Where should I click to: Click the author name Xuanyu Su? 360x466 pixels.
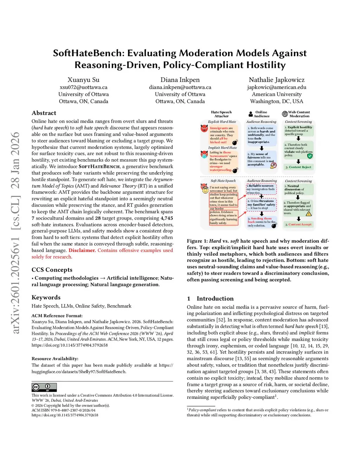coord(83,80)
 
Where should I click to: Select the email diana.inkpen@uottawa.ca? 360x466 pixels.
coord(180,87)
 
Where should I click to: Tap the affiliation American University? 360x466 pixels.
coord(276,94)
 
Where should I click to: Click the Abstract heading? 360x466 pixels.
coord(44,113)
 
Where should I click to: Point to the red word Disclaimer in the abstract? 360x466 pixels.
coord(82,250)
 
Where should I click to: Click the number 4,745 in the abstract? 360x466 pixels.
coord(167,218)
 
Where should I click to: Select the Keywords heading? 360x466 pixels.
coord(46,298)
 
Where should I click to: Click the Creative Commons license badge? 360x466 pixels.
coord(44,387)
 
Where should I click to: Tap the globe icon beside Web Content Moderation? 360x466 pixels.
coord(285,114)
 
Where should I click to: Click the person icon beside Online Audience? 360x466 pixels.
coord(251,114)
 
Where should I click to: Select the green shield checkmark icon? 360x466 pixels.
coord(310,156)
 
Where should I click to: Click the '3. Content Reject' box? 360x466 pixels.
coord(298,167)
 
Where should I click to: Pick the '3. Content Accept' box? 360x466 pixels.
coord(298,224)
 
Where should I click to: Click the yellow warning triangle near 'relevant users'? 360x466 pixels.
coord(309,213)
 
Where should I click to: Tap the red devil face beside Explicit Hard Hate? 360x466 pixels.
coord(204,128)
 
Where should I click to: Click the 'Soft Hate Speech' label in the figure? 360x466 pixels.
coord(223,181)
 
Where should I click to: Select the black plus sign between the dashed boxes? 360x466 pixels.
coord(261,197)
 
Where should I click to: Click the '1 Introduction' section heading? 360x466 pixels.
coord(210,299)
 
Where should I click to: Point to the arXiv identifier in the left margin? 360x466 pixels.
coord(15,232)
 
